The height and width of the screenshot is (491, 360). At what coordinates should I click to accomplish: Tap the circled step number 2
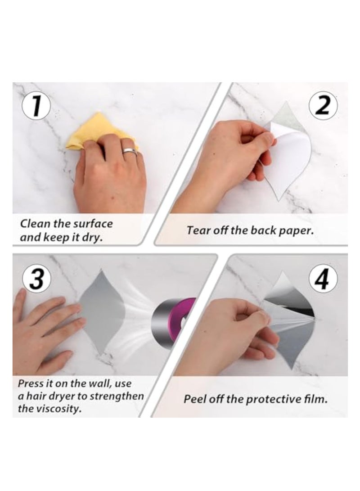[x=323, y=105]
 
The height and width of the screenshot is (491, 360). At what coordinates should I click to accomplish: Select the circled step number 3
[x=36, y=278]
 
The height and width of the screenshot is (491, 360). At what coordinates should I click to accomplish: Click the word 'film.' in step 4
[x=316, y=399]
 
